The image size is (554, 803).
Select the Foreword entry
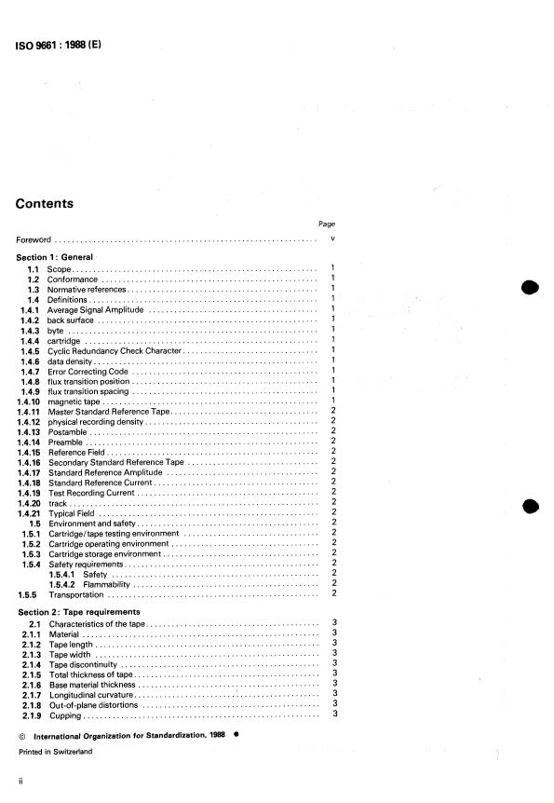[34, 239]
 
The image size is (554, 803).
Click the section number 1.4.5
[30, 350]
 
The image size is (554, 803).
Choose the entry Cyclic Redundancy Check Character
[114, 350]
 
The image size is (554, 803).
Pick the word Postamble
[68, 432]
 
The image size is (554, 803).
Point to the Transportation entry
[76, 594]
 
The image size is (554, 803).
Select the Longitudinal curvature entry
[92, 694]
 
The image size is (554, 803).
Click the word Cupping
[64, 715]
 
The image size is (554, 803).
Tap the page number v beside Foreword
[332, 239]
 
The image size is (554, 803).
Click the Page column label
[327, 224]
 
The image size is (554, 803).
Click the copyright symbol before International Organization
[20, 734]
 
